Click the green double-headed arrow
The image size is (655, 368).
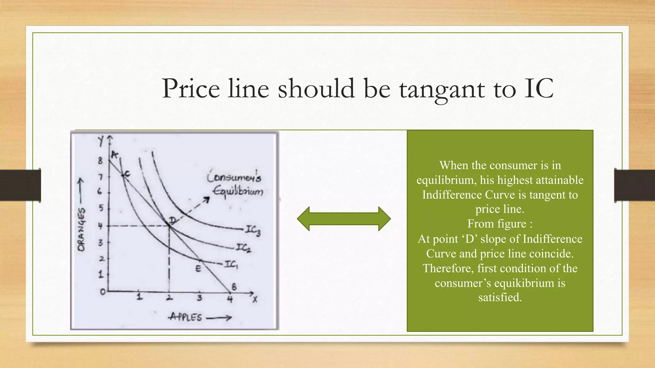(344, 219)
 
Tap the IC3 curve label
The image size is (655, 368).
(253, 230)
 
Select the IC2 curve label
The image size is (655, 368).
(244, 248)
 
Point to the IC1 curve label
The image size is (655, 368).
(231, 264)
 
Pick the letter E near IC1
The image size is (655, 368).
(198, 269)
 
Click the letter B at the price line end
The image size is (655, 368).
(234, 287)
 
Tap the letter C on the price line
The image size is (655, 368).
(127, 174)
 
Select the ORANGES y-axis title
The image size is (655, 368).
(82, 229)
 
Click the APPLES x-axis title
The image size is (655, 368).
(186, 317)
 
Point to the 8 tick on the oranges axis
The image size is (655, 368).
(100, 161)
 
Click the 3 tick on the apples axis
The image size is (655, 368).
(199, 298)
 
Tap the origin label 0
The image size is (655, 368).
(103, 292)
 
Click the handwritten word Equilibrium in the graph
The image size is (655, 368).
(238, 191)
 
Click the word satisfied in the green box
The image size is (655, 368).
(500, 297)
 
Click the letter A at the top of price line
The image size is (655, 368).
(114, 155)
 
